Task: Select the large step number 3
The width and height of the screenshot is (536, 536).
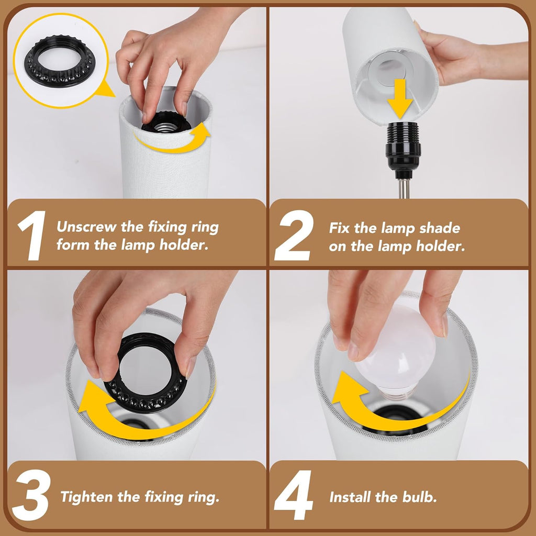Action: coord(31,495)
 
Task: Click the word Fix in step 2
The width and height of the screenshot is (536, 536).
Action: coord(339,228)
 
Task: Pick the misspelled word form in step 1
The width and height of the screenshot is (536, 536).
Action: coord(72,245)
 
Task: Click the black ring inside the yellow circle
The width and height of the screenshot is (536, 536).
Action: coord(60,60)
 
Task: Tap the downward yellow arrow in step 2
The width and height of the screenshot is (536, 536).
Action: coord(400,99)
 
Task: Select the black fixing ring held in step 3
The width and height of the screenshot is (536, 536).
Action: coord(147,373)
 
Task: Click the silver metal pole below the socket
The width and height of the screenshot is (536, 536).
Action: coord(404,188)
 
